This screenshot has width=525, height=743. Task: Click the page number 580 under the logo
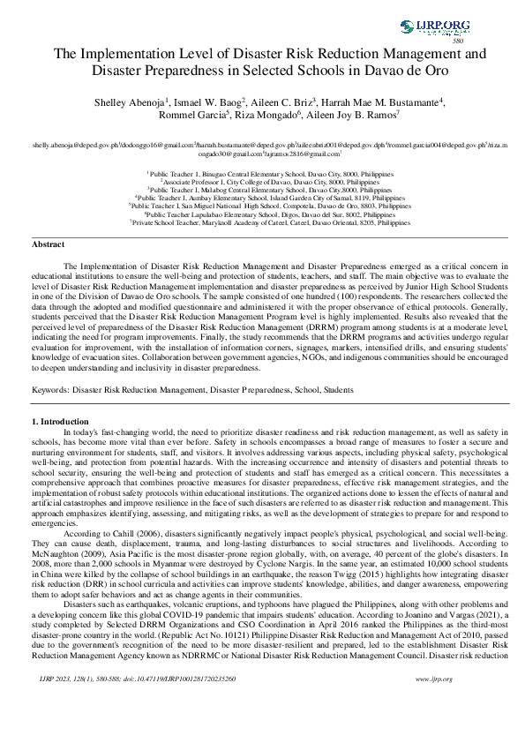tap(458, 41)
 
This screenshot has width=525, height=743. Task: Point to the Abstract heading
tap(49, 243)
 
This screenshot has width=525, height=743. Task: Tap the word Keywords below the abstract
tap(49, 388)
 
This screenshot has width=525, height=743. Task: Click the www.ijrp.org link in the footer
tap(434, 702)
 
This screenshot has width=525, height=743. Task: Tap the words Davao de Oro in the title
tap(398, 71)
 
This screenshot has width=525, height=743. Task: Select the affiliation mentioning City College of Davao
tap(262, 183)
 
